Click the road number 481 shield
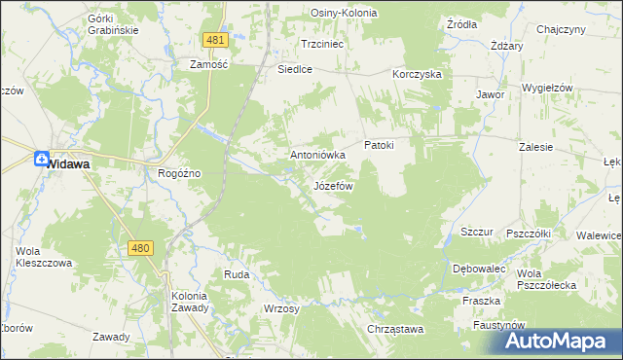point(216,40)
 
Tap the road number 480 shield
point(139,248)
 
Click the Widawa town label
point(70,164)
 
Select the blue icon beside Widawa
point(42,161)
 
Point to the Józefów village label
point(333,185)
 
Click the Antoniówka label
point(318,155)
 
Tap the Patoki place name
point(379,145)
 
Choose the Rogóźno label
point(179,173)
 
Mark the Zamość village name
point(208,64)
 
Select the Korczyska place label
point(418,74)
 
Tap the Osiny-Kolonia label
point(344,13)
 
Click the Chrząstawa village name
point(396,330)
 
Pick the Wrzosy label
point(280,307)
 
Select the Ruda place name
point(237,275)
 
